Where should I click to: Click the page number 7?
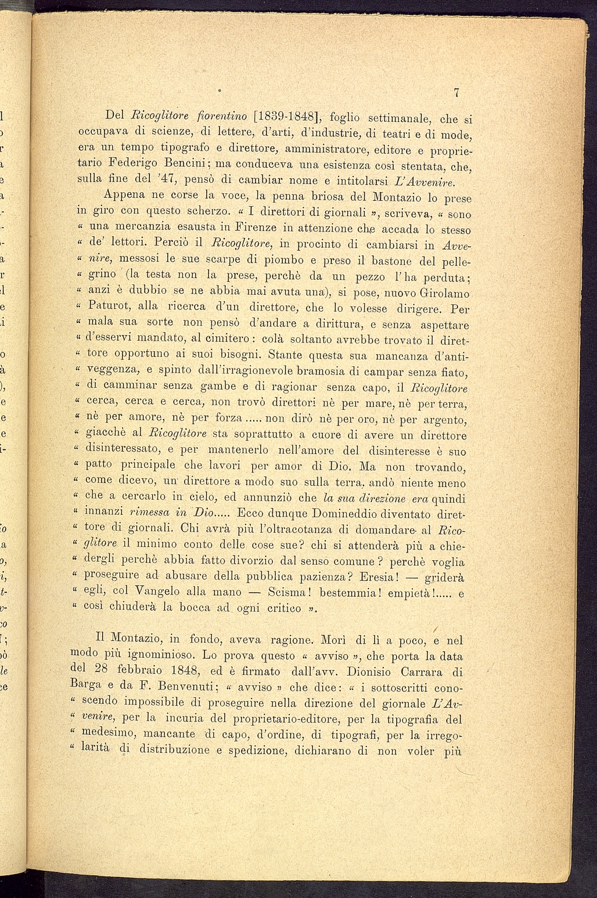coord(457,92)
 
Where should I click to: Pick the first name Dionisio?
coord(357,672)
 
